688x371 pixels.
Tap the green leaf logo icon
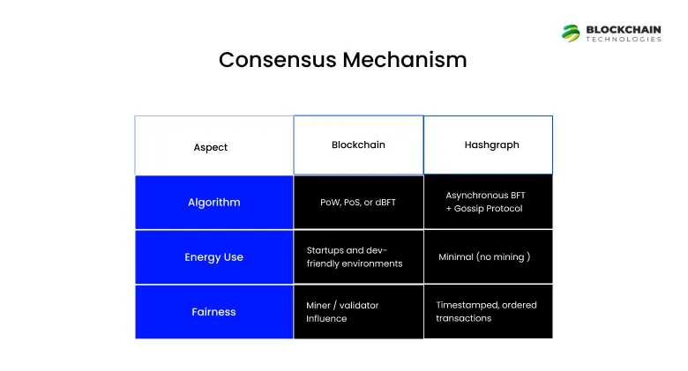pos(572,33)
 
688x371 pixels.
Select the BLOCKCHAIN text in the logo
pos(624,29)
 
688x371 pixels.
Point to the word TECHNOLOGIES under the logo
pos(624,40)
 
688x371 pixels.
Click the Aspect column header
pos(211,147)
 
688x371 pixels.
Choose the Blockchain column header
pos(358,145)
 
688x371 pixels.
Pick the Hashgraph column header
pos(488,145)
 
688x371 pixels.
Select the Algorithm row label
pos(213,202)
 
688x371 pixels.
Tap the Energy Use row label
pos(213,257)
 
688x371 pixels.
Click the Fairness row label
pos(213,312)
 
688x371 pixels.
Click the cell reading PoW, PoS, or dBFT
pos(358,202)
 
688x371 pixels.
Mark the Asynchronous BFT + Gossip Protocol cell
pos(488,202)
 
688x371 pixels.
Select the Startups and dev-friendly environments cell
pos(358,257)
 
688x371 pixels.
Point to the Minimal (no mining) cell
pos(488,257)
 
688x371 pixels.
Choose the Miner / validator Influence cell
pos(358,312)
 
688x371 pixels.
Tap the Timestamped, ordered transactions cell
pos(488,312)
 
